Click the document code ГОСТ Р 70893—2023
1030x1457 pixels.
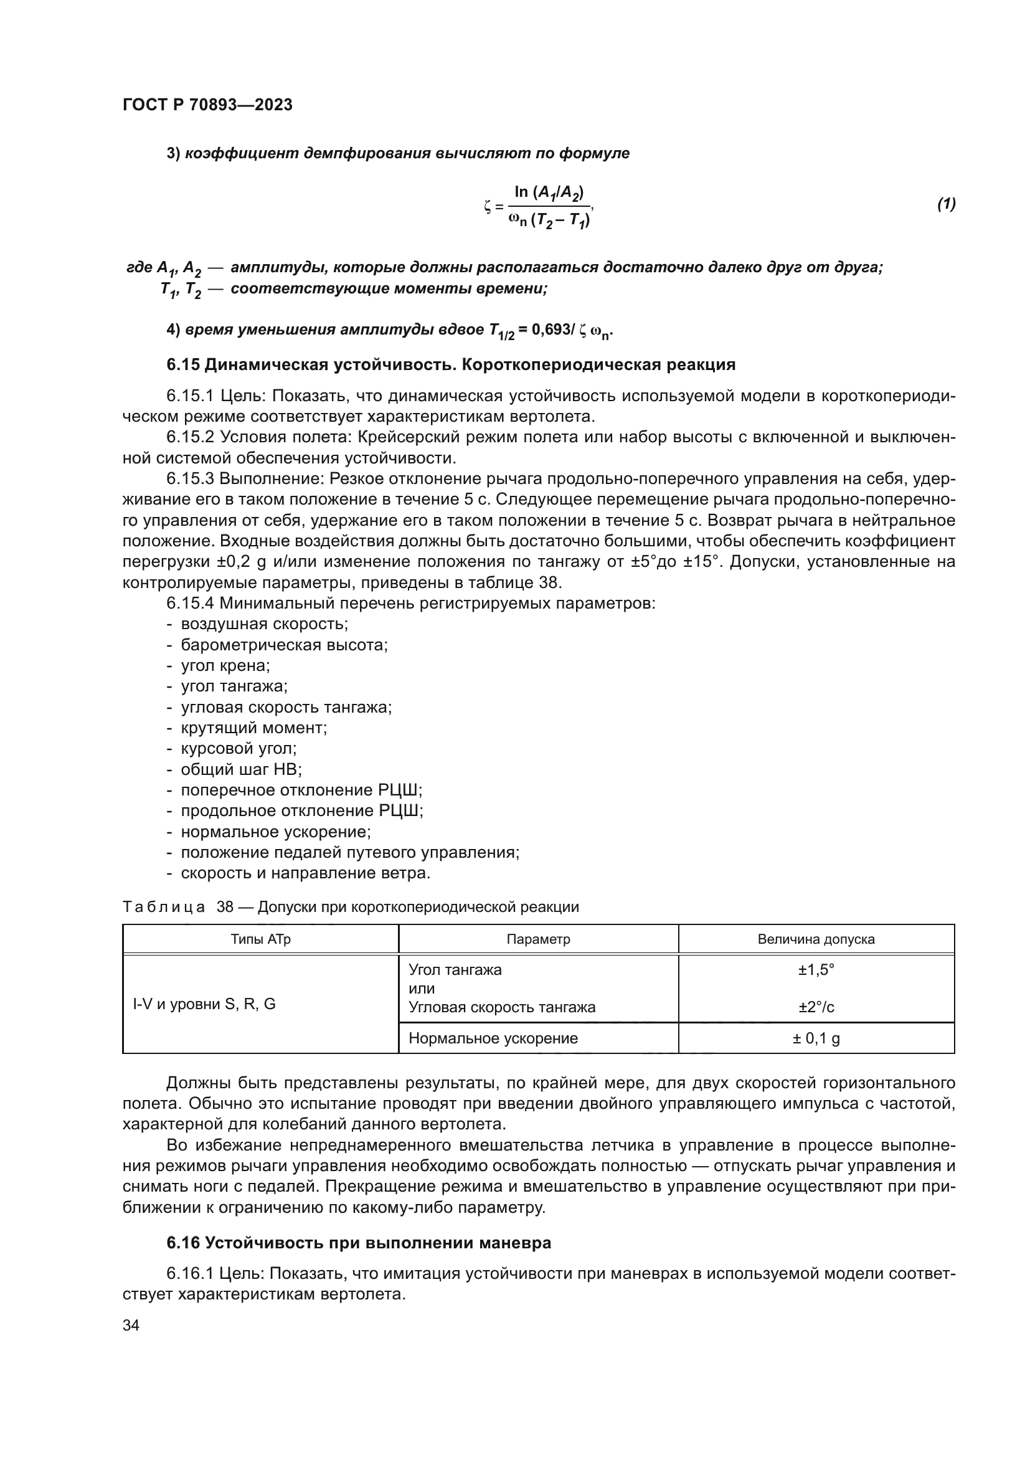click(x=207, y=105)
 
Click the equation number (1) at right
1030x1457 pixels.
click(x=947, y=204)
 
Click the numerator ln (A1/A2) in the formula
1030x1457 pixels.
click(x=549, y=192)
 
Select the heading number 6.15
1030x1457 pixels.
click(x=183, y=365)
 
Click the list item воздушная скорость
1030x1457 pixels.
click(x=265, y=624)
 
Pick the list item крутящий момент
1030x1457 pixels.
click(x=253, y=728)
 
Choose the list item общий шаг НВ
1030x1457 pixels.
click(x=241, y=770)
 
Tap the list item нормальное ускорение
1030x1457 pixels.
click(x=276, y=832)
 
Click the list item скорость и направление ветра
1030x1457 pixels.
click(x=306, y=873)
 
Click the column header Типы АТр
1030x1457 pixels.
click(x=261, y=939)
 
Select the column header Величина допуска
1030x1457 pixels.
click(x=816, y=939)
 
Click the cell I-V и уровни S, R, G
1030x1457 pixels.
click(x=204, y=1004)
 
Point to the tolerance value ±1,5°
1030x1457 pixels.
click(x=816, y=970)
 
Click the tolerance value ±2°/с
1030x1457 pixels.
click(x=816, y=1007)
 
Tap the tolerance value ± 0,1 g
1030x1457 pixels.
click(x=816, y=1038)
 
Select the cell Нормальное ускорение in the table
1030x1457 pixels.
click(x=493, y=1038)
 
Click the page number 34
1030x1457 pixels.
click(x=131, y=1325)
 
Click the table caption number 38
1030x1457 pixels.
click(x=225, y=907)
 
